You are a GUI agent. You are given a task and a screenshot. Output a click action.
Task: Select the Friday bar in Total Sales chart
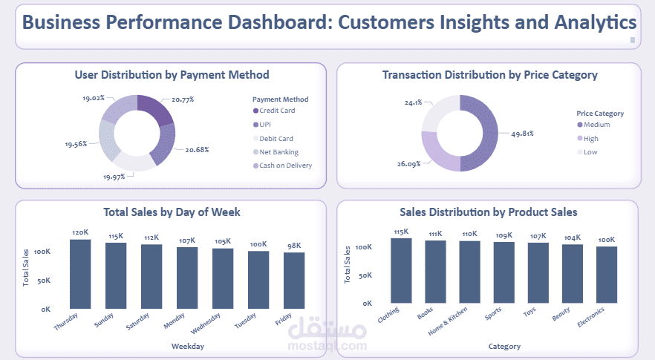click(294, 280)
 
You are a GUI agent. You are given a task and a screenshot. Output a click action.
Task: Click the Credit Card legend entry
click(277, 111)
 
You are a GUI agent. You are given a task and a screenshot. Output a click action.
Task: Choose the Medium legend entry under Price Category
click(596, 125)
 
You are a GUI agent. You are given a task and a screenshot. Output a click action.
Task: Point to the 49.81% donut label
click(521, 134)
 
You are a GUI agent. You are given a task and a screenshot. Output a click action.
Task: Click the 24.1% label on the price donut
click(413, 102)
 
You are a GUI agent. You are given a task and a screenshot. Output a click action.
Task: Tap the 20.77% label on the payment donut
click(184, 99)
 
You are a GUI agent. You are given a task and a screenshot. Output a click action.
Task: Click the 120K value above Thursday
click(80, 232)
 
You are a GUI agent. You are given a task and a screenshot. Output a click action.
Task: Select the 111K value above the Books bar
click(435, 234)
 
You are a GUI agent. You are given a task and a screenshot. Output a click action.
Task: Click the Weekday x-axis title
click(187, 346)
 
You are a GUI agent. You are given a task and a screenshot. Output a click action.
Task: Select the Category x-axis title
click(504, 346)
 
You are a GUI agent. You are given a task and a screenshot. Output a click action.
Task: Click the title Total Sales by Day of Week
click(171, 212)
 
